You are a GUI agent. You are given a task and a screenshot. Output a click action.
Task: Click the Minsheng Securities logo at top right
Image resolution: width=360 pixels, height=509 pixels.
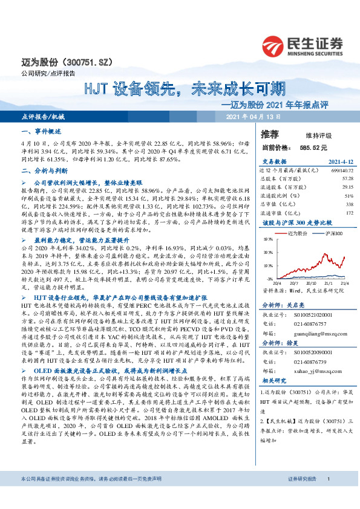point(301,45)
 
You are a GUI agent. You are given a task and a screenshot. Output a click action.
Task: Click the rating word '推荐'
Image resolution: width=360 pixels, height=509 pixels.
point(270,134)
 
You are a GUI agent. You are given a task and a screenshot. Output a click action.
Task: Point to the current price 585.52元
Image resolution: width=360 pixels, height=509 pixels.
point(312,147)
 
